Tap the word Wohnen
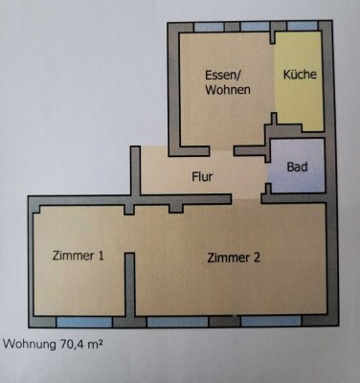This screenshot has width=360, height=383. tap(226, 90)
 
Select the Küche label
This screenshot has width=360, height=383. tap(300, 74)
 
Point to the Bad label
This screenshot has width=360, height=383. tap(297, 166)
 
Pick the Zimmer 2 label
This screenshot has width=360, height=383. tap(234, 257)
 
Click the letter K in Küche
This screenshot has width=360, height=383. tap(285, 74)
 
